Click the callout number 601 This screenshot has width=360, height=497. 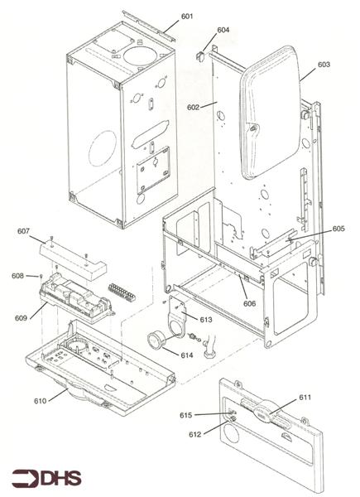point(187,17)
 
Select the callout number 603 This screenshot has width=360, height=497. point(323,64)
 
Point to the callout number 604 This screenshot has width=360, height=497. point(223,31)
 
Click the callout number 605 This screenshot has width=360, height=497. point(338,229)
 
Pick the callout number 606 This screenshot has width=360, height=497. point(249,303)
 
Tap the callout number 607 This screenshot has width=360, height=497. point(23,231)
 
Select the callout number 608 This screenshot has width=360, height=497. point(17,276)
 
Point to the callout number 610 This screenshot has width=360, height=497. point(39,401)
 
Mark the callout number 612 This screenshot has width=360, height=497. point(194,434)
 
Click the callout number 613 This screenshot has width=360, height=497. point(206,319)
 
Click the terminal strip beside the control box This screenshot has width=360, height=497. point(122,292)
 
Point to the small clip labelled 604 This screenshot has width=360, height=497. point(201,56)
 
